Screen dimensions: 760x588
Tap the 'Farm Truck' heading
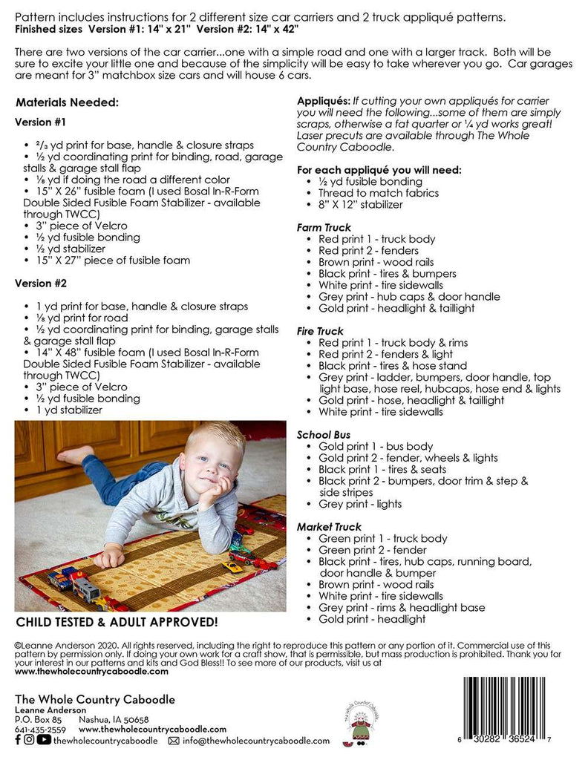tap(324, 228)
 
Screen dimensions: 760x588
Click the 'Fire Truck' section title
tap(320, 331)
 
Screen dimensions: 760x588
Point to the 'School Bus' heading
tap(324, 435)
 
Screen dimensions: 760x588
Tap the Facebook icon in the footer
tap(19, 740)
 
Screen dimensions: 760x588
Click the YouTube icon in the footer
tap(45, 740)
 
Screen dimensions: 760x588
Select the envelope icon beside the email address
tap(174, 741)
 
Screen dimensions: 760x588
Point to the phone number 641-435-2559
tap(40, 730)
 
